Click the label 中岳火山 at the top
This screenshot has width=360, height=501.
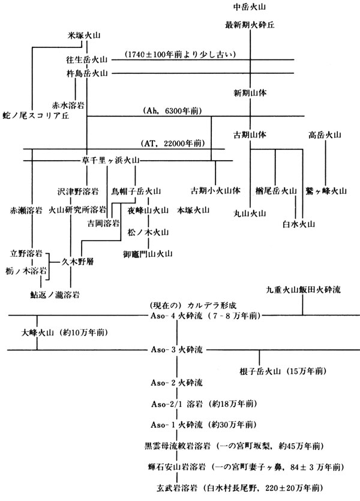(x=250, y=7)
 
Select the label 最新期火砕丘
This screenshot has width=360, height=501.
(x=250, y=25)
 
